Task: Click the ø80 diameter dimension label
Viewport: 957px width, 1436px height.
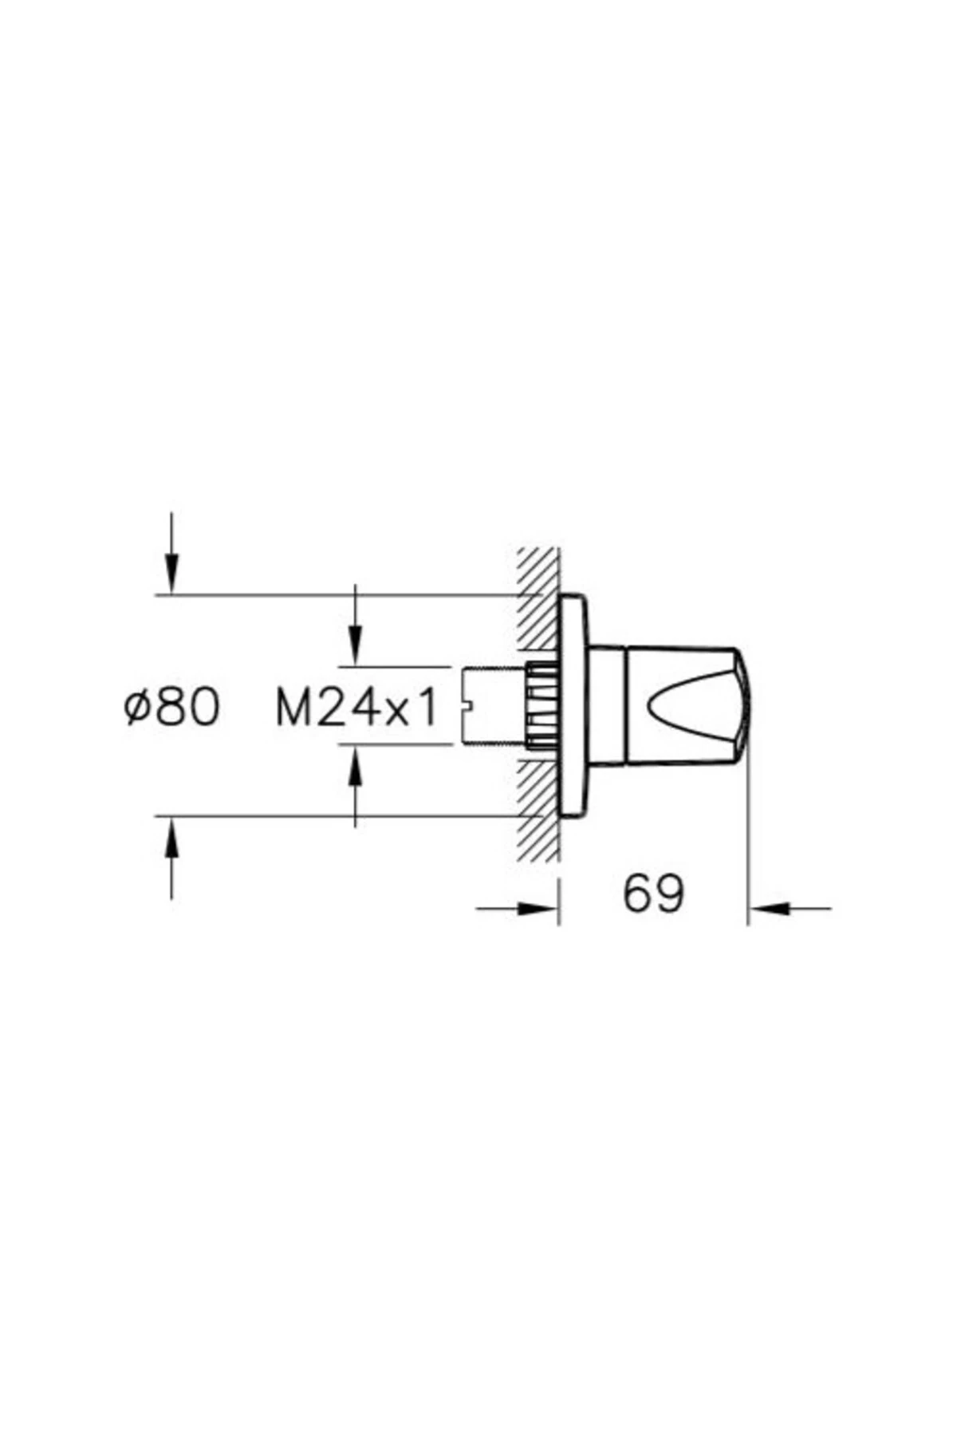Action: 171,708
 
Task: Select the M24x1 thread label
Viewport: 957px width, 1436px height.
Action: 356,708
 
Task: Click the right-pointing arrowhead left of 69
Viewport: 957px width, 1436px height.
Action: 536,908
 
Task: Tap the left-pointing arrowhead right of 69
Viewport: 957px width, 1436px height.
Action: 769,908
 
